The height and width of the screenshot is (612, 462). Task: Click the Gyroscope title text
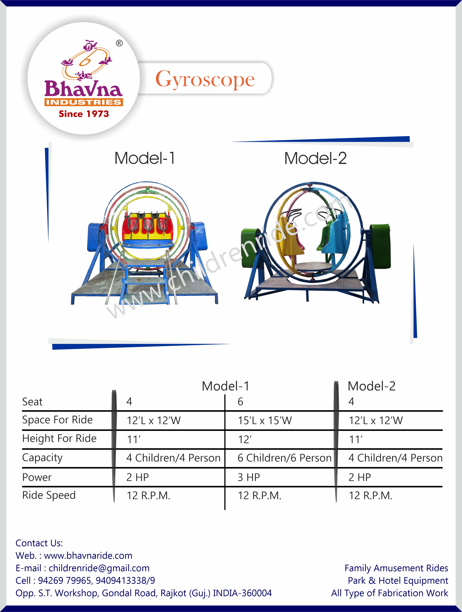(x=205, y=79)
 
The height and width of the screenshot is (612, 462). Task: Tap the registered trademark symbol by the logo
(x=119, y=43)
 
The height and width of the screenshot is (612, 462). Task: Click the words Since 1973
(x=84, y=114)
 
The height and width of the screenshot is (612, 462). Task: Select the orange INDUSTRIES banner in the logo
(x=84, y=102)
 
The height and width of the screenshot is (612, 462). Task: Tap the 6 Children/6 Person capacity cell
(x=284, y=458)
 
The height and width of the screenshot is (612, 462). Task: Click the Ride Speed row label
(x=49, y=495)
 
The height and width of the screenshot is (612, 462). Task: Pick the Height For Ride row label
(x=59, y=439)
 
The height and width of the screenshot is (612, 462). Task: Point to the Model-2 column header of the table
(x=371, y=386)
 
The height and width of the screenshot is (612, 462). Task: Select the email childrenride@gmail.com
(x=99, y=568)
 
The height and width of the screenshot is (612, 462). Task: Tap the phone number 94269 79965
(x=65, y=580)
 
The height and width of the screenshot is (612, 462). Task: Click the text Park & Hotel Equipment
(x=398, y=580)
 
